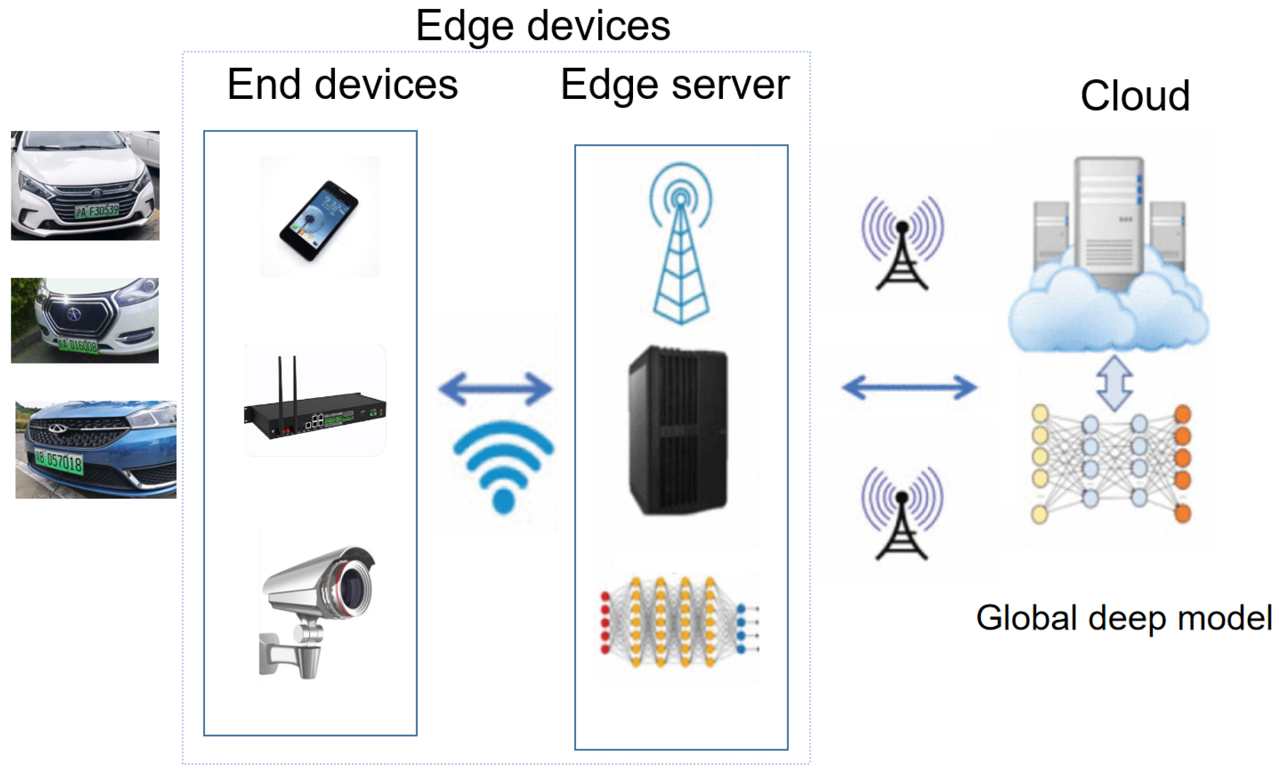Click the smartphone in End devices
click(318, 220)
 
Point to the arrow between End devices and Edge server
click(495, 389)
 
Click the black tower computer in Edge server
click(678, 431)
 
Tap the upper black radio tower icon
click(902, 244)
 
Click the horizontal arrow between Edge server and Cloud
click(909, 388)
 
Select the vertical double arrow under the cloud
click(1114, 383)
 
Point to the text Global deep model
click(1123, 617)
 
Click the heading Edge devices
click(542, 26)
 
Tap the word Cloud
click(1134, 96)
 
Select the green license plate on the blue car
click(58, 461)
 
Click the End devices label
click(342, 84)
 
